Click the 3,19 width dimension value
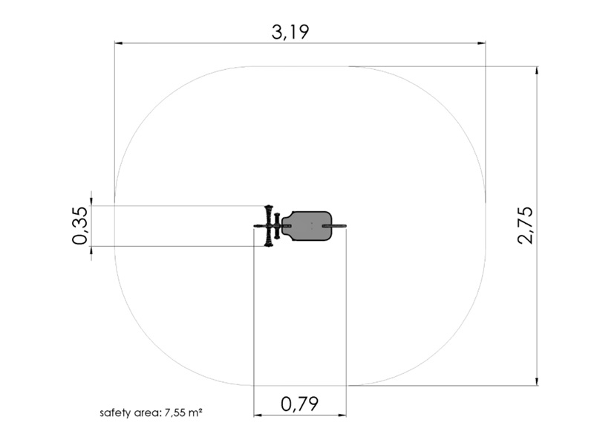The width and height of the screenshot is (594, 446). (x=290, y=32)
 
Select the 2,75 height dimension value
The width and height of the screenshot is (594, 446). (x=526, y=225)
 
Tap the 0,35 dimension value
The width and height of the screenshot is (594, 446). (x=80, y=226)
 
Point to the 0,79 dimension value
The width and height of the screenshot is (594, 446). (x=299, y=404)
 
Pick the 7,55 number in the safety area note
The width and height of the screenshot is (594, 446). (x=175, y=413)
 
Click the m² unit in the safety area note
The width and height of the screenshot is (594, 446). (x=195, y=413)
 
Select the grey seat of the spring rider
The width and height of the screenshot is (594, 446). (x=307, y=226)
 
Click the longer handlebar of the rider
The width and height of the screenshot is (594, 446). (x=269, y=226)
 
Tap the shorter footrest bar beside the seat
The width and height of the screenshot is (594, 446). (x=277, y=226)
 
